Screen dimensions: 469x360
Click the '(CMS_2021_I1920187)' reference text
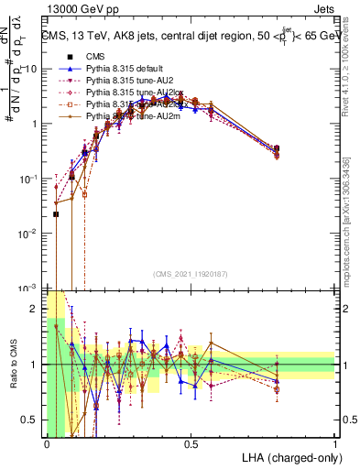(191, 274)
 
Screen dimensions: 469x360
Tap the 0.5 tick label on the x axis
(191, 444)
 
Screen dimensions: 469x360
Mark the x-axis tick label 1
(334, 444)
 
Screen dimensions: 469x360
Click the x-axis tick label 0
(47, 444)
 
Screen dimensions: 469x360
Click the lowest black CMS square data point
(56, 214)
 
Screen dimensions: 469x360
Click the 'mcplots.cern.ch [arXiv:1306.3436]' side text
(352, 206)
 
